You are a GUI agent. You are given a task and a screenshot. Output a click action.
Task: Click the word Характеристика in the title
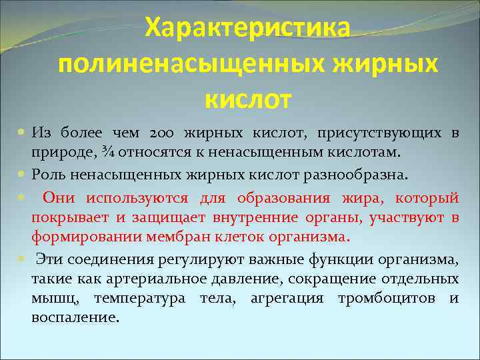coord(248,28)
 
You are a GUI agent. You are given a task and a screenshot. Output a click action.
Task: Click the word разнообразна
coord(355,175)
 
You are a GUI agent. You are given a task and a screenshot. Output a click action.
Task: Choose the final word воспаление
coord(75,317)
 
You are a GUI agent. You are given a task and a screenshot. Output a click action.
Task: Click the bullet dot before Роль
coord(22,175)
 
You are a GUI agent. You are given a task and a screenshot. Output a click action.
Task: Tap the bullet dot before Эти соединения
coord(22,259)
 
